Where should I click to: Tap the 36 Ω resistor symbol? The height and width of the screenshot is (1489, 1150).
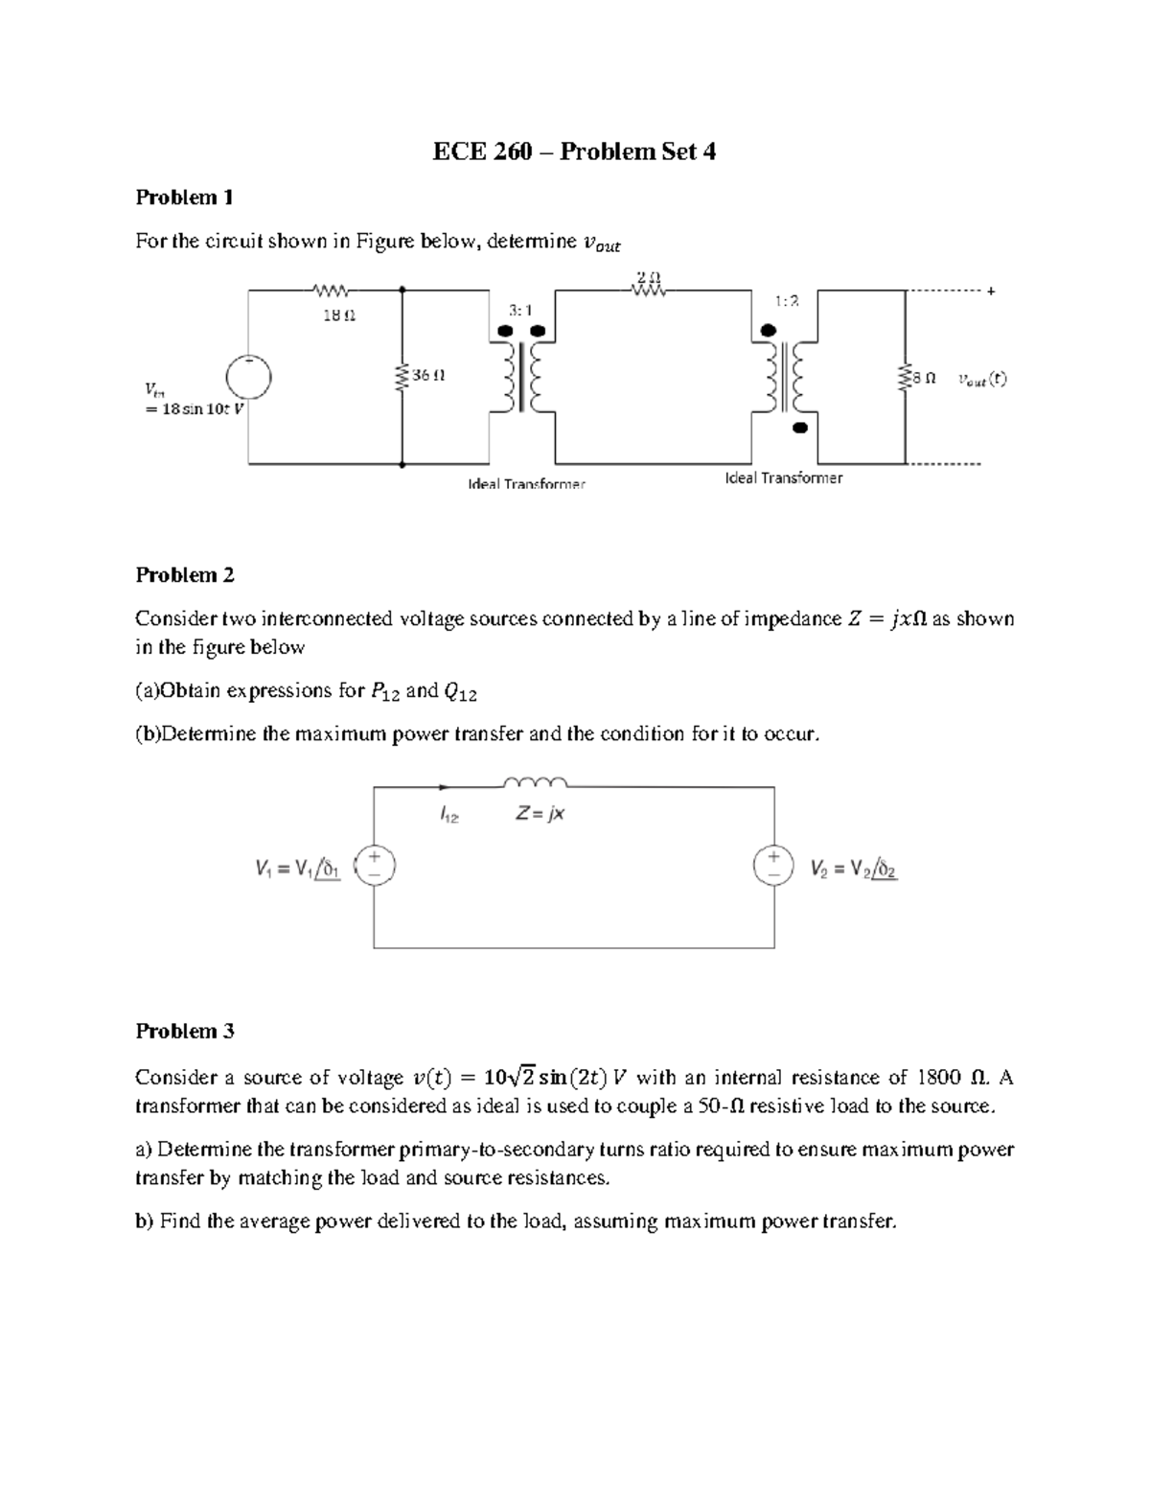coord(402,376)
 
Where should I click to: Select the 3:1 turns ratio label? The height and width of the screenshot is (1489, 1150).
coord(520,310)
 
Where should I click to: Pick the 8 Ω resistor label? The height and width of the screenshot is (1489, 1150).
coord(924,379)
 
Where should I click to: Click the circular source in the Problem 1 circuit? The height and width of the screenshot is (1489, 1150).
coord(248,376)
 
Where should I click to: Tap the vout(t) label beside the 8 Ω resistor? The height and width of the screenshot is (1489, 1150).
coord(981,379)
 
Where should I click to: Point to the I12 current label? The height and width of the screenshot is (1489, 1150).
coord(449,815)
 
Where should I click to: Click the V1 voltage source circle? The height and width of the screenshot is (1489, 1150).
coord(374,865)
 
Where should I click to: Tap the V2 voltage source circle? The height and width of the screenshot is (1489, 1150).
coord(773,865)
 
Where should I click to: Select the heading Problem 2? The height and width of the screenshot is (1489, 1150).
coord(185,575)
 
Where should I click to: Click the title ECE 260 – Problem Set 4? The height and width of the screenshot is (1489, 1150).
coord(574,151)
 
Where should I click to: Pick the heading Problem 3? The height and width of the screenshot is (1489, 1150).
coord(185,1032)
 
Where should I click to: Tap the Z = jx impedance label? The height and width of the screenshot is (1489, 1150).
coord(540,814)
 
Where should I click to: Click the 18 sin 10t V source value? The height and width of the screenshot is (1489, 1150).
coord(191,408)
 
